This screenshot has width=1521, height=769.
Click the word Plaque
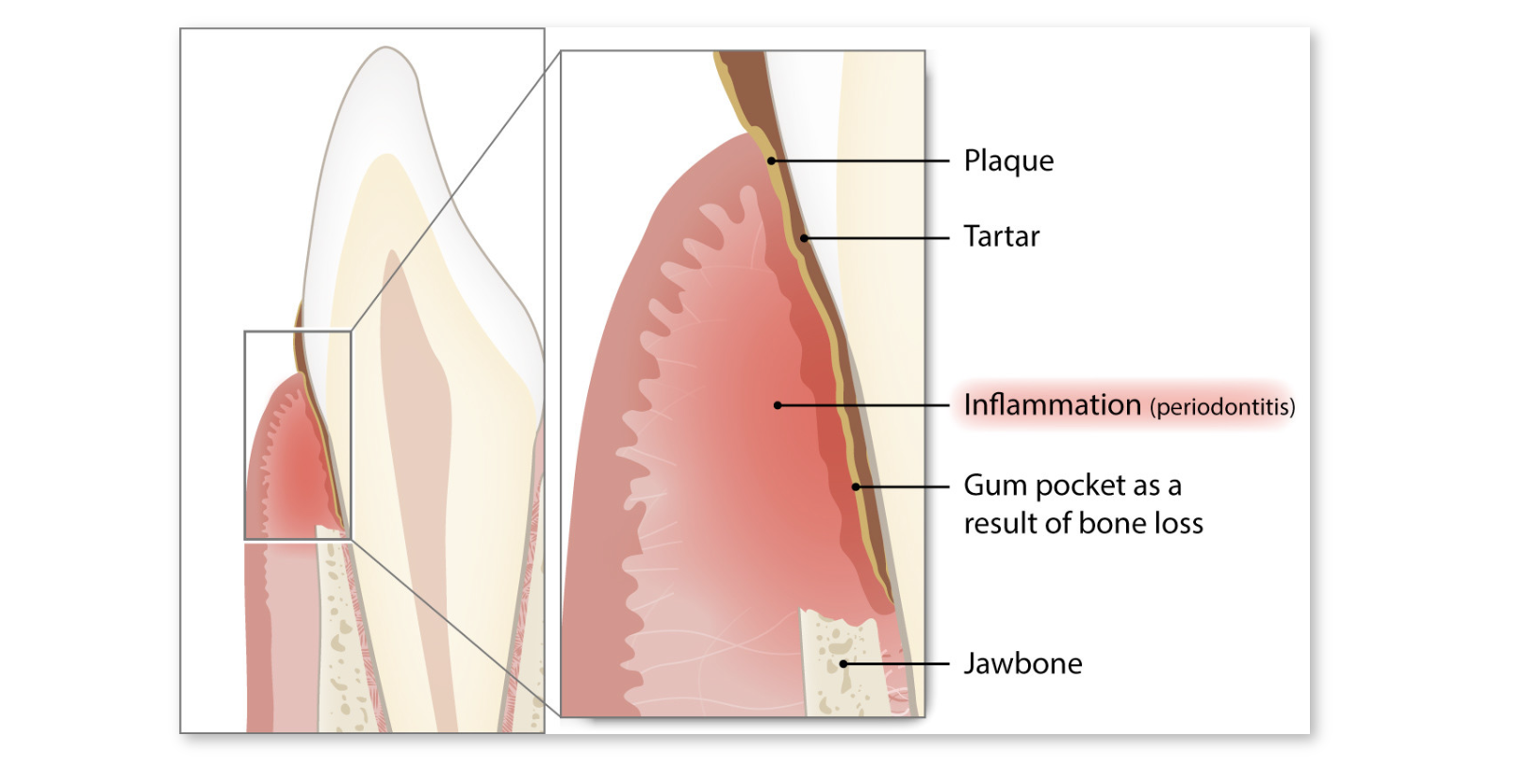coord(1008,162)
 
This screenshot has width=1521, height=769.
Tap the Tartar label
coord(1002,237)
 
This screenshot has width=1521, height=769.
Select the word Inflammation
coord(1052,405)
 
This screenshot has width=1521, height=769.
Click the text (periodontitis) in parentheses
coord(1222,407)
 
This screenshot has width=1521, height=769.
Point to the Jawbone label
coord(1022,663)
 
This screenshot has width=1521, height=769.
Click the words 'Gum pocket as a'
coord(1072,485)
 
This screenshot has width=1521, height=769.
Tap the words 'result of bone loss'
coord(1084,523)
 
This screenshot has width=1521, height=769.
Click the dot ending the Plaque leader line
coord(772,161)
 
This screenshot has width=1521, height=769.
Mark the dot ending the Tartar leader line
coord(804,238)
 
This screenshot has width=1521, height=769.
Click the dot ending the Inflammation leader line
coord(778,405)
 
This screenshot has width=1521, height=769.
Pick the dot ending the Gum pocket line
coord(857,487)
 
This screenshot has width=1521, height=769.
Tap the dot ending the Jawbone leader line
coord(843,663)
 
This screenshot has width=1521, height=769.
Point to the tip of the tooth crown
coord(385,47)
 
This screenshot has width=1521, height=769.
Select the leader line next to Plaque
coord(860,161)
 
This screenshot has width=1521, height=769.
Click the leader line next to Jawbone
coord(896,663)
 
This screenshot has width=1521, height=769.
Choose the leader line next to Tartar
coord(876,238)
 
